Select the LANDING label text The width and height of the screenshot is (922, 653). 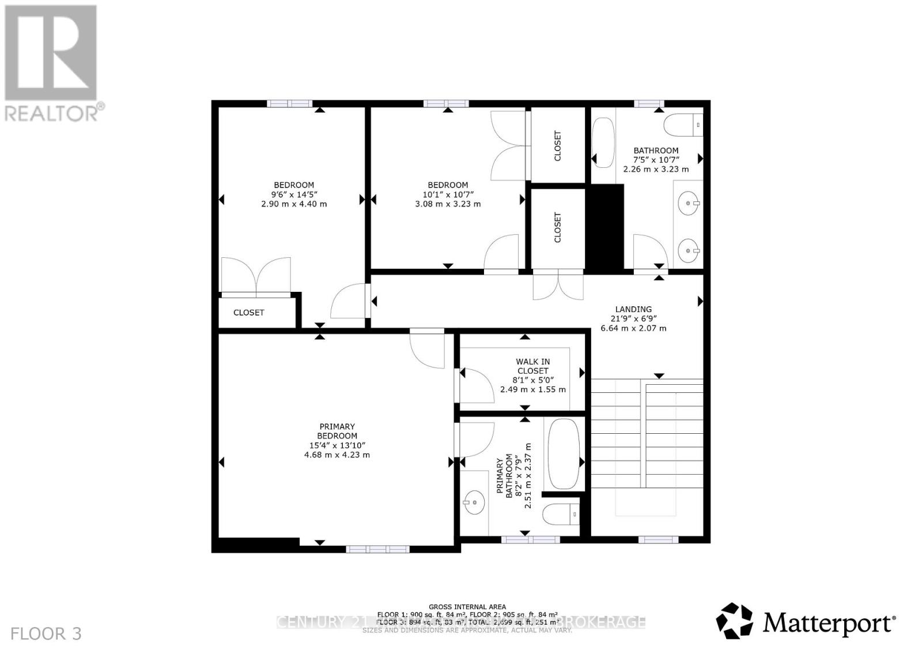coord(633,309)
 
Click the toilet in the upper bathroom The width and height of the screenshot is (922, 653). coord(683,125)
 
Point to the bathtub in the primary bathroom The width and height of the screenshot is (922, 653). coord(564,453)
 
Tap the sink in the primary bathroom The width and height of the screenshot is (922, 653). coord(474,502)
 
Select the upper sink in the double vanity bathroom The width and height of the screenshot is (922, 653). coord(689,203)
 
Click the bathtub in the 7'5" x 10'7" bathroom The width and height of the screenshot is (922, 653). coord(603,142)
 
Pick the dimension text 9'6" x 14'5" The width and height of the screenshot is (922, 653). coord(294,194)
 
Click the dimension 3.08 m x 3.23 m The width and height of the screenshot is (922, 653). coord(448,204)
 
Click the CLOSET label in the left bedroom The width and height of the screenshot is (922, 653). coord(248,313)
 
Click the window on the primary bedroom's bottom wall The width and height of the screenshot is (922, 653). coord(377,549)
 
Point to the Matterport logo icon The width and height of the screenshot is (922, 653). coord(734,621)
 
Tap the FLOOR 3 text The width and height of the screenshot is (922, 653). coord(46,634)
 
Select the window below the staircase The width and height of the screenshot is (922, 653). coord(658,540)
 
